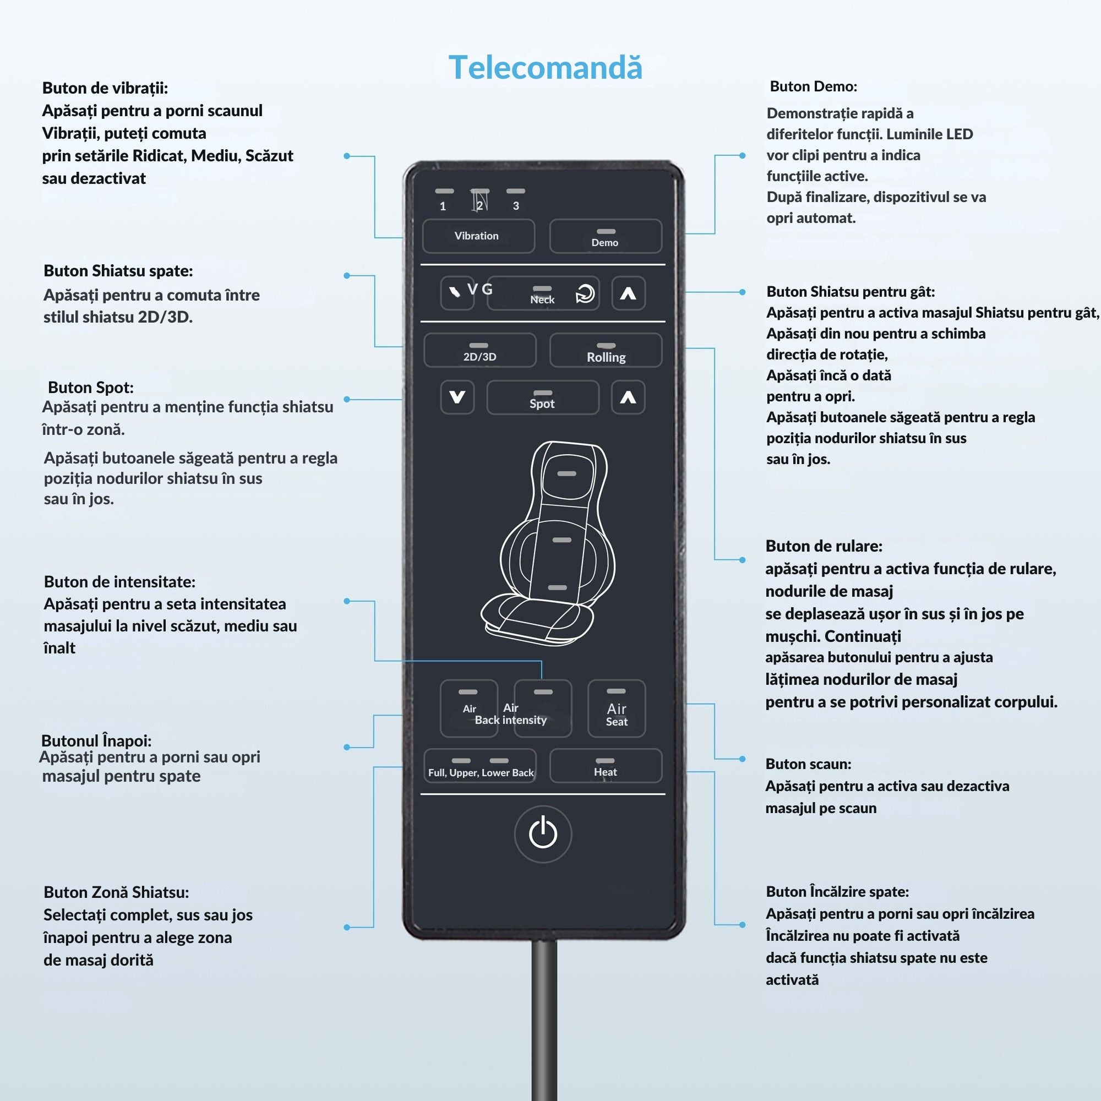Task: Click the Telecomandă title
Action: point(546,67)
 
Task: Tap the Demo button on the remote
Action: point(605,236)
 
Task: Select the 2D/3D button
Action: point(479,350)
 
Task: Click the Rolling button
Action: point(605,350)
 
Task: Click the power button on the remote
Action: point(543,833)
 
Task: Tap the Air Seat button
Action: point(616,708)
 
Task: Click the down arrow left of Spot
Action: point(457,397)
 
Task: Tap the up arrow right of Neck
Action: point(628,293)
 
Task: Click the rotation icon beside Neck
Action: point(585,294)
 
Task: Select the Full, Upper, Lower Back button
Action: point(480,766)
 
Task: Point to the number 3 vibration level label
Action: point(516,206)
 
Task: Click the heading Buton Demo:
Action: point(813,86)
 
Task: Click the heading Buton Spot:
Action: point(91,388)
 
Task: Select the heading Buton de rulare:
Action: point(824,546)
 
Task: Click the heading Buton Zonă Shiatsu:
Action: point(116,892)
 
